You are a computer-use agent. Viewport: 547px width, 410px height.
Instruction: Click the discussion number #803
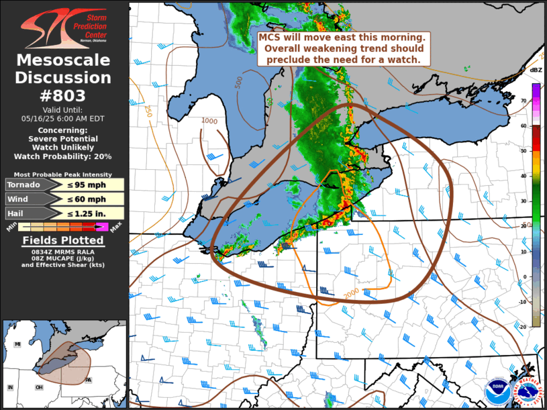(64, 95)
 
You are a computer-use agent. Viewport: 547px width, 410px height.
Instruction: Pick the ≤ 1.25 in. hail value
(91, 213)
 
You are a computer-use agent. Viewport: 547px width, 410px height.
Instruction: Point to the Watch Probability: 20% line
(64, 156)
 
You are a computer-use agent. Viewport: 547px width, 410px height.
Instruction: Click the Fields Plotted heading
(64, 241)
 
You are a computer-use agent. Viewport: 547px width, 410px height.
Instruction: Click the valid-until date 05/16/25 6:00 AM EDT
(64, 117)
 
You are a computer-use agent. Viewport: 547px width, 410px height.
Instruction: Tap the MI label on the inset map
(18, 344)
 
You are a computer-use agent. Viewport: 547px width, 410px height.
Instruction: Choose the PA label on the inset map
(89, 380)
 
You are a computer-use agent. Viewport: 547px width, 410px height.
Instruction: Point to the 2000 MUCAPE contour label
(351, 294)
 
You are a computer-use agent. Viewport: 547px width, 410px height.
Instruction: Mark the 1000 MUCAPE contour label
(209, 121)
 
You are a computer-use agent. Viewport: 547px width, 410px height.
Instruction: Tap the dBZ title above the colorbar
(536, 70)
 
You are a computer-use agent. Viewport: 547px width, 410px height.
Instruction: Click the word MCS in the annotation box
(270, 38)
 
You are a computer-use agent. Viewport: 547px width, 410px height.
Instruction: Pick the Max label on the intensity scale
(115, 230)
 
